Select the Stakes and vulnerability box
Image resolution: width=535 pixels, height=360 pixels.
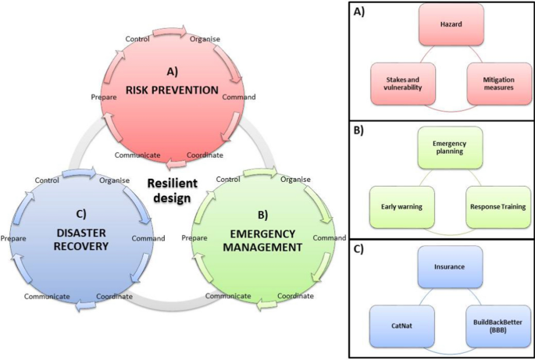tap(398, 83)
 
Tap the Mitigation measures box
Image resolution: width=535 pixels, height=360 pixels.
tap(497, 83)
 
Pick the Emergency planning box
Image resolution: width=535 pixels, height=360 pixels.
tap(448, 148)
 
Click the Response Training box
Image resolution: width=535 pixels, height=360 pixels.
tap(497, 208)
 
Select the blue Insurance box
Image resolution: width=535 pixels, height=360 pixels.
tap(448, 267)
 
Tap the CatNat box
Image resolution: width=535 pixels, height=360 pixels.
tap(399, 327)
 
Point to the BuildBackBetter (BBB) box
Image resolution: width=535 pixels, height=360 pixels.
tap(497, 327)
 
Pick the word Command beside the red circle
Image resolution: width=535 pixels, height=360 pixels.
tap(239, 98)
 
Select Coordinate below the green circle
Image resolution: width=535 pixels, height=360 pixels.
tap(296, 296)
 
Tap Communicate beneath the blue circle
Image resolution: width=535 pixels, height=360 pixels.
tap(47, 297)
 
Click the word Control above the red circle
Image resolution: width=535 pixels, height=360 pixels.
tap(139, 39)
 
